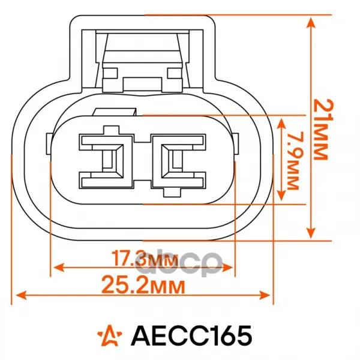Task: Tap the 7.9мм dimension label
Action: click(x=293, y=161)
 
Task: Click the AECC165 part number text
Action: click(x=191, y=335)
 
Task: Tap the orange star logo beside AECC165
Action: click(x=110, y=335)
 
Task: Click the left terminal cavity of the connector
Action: click(x=106, y=161)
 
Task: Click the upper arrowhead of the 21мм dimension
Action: click(x=311, y=23)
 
